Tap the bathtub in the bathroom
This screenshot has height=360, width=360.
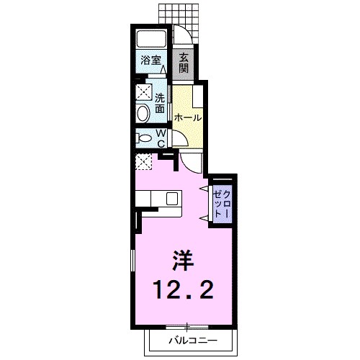click(151, 39)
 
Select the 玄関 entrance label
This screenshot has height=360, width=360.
click(184, 63)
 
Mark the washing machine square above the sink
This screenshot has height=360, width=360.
click(143, 91)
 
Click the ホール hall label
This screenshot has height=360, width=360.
click(188, 117)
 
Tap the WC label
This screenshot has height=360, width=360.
click(162, 138)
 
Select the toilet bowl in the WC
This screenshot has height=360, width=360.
click(143, 138)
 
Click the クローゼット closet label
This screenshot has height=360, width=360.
click(223, 204)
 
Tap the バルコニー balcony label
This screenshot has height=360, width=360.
click(192, 338)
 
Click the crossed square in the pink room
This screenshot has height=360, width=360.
click(144, 163)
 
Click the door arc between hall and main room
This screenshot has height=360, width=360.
click(189, 162)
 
